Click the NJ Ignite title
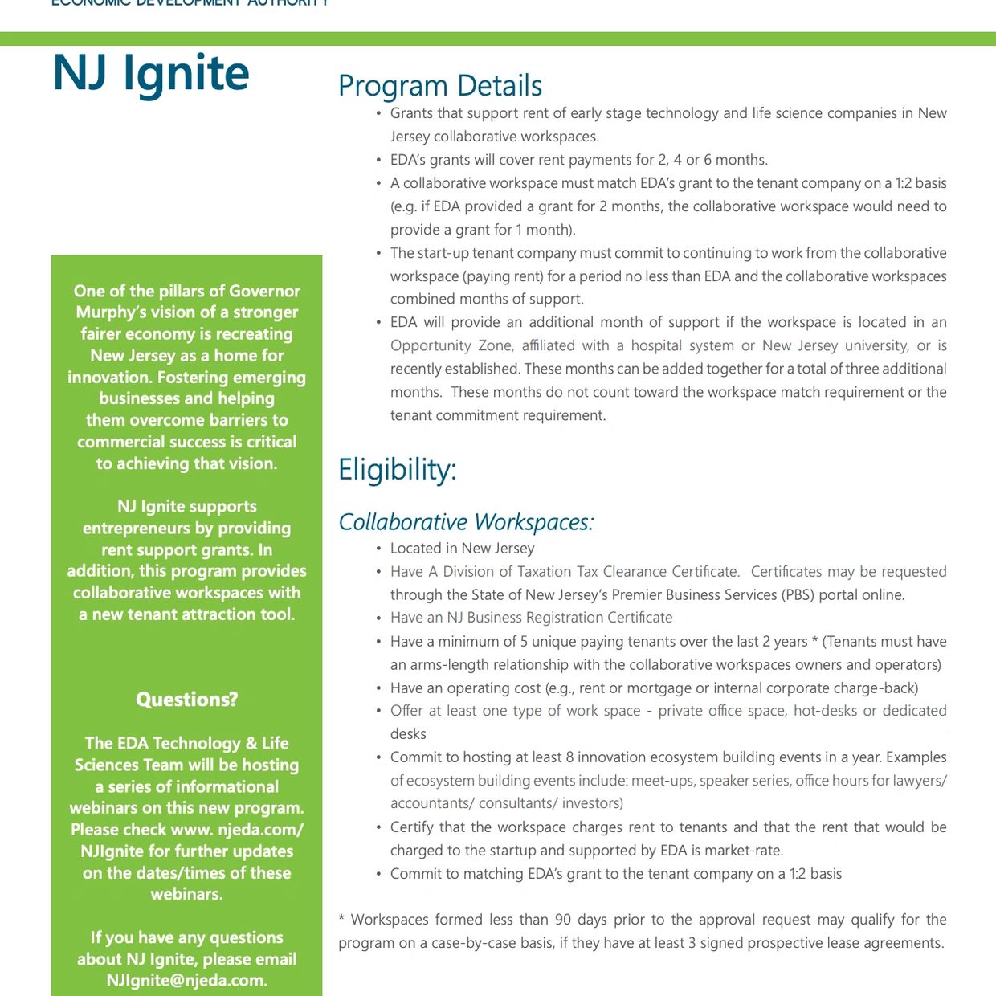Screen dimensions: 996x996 coord(151,74)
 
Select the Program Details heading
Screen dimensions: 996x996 coord(440,86)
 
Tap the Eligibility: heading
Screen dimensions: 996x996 coord(397,469)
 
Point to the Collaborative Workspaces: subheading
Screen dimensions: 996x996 coord(466,522)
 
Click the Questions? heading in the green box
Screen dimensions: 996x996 coord(186,700)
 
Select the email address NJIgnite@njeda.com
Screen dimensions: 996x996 coord(186,980)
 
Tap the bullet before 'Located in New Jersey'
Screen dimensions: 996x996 coord(378,549)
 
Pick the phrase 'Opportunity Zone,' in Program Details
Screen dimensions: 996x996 coord(451,345)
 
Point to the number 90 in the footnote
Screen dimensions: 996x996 coord(563,920)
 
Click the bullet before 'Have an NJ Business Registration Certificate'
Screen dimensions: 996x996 coord(378,618)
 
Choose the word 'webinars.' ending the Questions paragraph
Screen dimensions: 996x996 coord(186,894)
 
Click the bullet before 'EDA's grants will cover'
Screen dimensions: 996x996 coord(378,161)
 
